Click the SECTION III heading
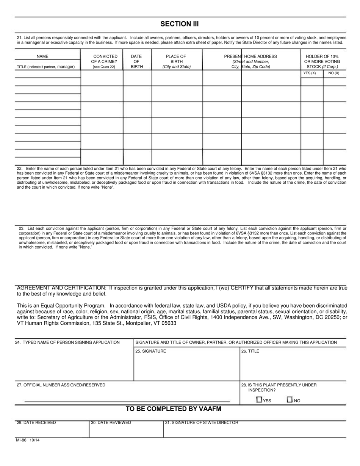179,24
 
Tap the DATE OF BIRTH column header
136,61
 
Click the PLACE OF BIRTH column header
176,61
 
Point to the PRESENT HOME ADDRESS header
250,56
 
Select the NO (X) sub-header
333,73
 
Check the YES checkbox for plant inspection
260,399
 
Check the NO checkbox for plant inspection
290,399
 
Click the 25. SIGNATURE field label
150,351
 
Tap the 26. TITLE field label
250,351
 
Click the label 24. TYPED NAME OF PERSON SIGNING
67,342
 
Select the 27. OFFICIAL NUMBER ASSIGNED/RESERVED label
61,385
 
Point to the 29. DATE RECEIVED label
36,422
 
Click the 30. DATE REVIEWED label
111,422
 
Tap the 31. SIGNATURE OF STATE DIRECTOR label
202,422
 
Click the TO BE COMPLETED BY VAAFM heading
173,409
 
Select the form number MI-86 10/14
28,440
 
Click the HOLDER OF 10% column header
322,56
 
